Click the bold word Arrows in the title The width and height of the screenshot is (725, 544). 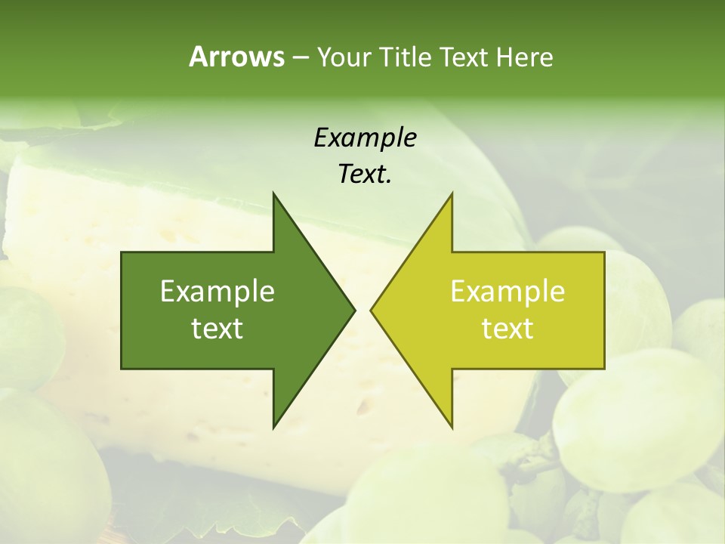click(236, 57)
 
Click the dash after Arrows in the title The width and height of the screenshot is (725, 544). click(300, 57)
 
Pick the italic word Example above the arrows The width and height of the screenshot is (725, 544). click(365, 138)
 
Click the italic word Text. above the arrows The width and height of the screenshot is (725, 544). click(365, 175)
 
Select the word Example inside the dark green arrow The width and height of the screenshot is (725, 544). click(217, 291)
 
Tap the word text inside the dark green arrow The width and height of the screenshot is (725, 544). click(217, 329)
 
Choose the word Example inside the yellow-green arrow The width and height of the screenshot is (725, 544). click(507, 291)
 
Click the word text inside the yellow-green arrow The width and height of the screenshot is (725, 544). click(507, 329)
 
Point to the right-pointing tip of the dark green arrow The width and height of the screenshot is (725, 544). click(354, 310)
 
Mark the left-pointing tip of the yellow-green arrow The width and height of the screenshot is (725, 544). click(371, 310)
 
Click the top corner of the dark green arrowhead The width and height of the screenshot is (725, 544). click(273, 193)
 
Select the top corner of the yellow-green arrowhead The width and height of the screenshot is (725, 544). click(452, 193)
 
